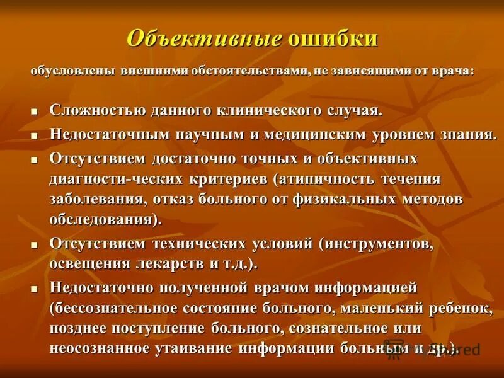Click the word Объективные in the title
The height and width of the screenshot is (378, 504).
pyautogui.click(x=204, y=38)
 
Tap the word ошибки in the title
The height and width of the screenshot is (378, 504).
pyautogui.click(x=333, y=38)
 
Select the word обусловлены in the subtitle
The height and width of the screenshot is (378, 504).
pyautogui.click(x=70, y=71)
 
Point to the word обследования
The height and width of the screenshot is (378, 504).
pyautogui.click(x=101, y=220)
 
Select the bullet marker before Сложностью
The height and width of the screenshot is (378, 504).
pyautogui.click(x=35, y=112)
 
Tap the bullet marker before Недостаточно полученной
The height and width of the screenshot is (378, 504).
pyautogui.click(x=35, y=289)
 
